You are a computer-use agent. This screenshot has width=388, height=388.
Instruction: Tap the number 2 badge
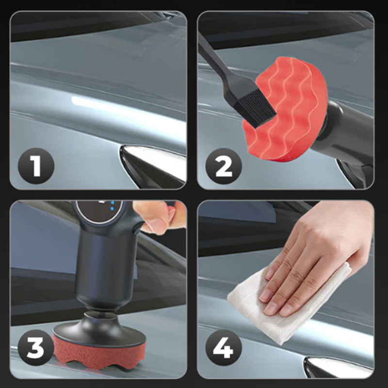pos(224,166)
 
